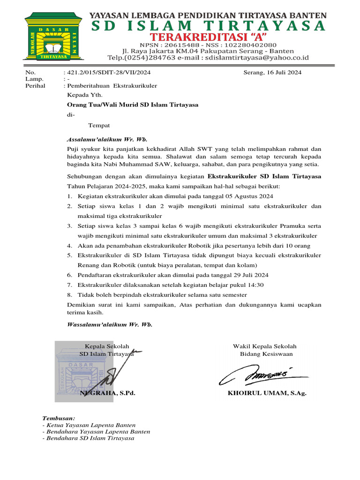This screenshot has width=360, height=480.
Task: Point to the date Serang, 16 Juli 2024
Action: pyautogui.click(x=272, y=73)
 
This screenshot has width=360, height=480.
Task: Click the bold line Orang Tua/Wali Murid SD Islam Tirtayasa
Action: pyautogui.click(x=133, y=105)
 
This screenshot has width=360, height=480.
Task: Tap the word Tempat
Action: pyautogui.click(x=99, y=126)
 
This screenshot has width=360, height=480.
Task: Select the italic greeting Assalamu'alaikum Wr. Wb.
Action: pyautogui.click(x=107, y=140)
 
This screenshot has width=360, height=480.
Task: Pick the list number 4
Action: pyautogui.click(x=69, y=246)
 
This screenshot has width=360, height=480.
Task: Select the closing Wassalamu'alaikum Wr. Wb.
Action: pyautogui.click(x=110, y=324)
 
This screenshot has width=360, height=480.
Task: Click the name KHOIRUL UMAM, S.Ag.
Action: pyautogui.click(x=267, y=393)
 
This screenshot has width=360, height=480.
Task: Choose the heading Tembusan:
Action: pyautogui.click(x=59, y=418)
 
